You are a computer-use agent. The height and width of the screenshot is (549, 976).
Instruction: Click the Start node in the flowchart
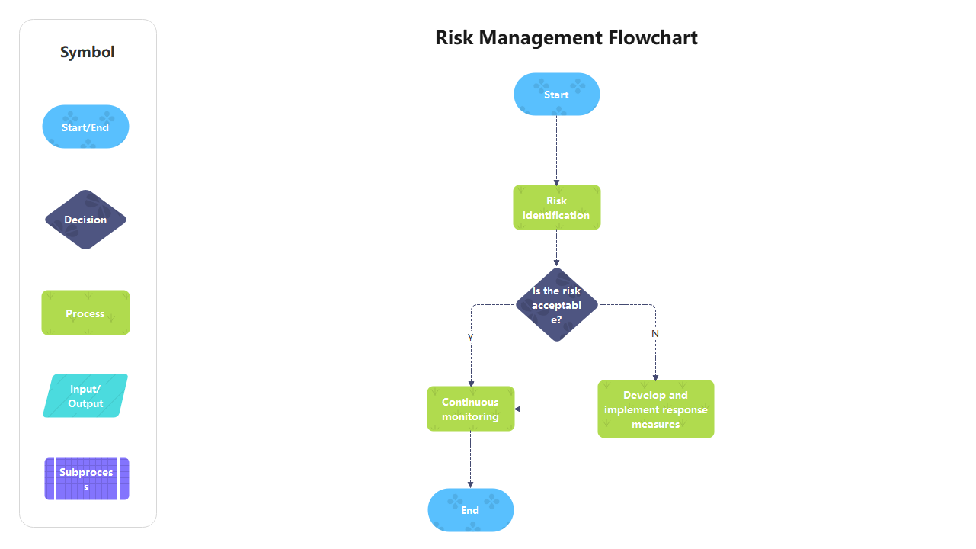click(556, 95)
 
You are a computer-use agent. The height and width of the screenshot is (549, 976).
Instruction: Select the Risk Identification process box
click(556, 207)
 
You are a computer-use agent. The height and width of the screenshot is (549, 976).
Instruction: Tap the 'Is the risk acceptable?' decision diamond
click(556, 305)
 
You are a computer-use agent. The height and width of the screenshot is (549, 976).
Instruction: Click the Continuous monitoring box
click(470, 409)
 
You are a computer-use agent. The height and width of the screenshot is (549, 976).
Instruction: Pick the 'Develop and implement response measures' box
click(655, 409)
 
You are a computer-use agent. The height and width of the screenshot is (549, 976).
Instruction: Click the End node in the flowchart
click(470, 510)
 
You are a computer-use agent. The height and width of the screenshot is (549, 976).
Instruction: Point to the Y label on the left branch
click(471, 336)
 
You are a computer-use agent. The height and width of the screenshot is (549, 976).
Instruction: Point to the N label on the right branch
click(655, 333)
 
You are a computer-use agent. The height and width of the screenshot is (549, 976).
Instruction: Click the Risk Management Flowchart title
click(566, 37)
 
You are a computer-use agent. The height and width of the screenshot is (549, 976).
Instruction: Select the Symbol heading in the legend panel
click(88, 52)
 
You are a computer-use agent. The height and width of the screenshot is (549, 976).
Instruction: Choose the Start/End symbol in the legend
click(85, 127)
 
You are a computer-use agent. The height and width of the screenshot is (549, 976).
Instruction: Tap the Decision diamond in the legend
click(85, 220)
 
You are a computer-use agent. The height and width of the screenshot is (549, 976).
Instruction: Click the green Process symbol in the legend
click(85, 313)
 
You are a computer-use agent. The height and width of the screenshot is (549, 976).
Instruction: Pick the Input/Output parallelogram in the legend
click(85, 396)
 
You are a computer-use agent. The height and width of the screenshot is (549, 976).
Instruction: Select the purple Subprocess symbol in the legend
click(86, 479)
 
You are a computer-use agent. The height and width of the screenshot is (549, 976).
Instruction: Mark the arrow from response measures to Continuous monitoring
click(556, 409)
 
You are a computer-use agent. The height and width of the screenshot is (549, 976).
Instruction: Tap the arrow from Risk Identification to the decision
click(556, 248)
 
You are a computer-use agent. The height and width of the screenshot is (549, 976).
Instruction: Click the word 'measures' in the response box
click(655, 425)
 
